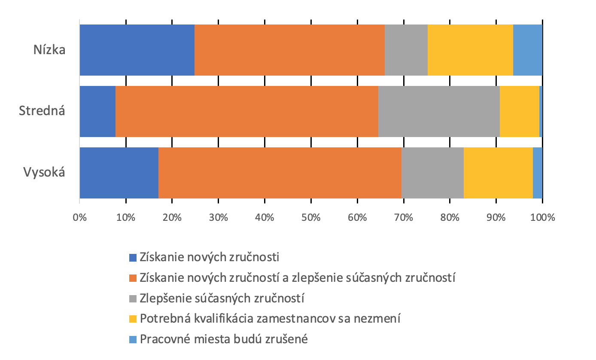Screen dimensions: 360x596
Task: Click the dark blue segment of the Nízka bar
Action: point(137,50)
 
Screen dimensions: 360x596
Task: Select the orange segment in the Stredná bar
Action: point(246,111)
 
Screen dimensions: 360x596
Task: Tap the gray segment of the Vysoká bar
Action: point(432,173)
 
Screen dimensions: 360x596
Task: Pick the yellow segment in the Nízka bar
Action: point(470,50)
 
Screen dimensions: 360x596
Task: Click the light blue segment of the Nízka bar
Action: point(528,50)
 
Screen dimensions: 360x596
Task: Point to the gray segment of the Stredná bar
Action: point(439,111)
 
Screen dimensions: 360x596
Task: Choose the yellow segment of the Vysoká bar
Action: point(498,173)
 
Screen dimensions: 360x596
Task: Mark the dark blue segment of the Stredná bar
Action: point(97,111)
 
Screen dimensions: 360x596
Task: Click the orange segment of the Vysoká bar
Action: point(280,173)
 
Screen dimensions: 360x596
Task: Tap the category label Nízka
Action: point(49,50)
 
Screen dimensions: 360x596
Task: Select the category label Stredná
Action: point(42,111)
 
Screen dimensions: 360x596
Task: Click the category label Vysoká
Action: point(44,173)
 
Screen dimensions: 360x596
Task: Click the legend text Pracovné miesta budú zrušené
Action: point(224,339)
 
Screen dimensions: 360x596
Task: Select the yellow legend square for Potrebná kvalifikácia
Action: point(133,319)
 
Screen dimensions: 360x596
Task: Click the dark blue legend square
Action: point(133,258)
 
